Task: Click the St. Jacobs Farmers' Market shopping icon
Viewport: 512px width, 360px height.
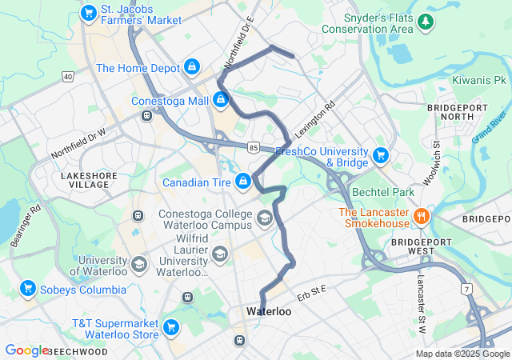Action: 88,13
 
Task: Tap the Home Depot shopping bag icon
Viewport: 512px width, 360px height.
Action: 192,67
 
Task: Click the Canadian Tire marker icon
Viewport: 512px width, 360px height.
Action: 242,182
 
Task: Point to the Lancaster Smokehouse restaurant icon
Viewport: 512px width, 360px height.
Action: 421,215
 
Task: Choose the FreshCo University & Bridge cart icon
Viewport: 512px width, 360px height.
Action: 381,154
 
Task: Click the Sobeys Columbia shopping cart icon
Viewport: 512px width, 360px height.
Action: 28,288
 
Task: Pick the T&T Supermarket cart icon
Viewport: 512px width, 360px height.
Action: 170,326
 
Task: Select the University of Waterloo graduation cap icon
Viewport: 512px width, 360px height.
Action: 139,264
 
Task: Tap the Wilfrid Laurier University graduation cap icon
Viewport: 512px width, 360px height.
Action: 220,254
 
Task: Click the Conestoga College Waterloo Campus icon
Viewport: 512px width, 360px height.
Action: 266,218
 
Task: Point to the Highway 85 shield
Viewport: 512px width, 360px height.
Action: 254,147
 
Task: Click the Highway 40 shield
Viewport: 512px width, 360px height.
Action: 68,77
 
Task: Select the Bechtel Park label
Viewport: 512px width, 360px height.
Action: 386,193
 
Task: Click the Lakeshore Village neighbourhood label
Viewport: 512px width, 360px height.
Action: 85,179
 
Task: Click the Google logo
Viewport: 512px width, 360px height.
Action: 26,350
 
